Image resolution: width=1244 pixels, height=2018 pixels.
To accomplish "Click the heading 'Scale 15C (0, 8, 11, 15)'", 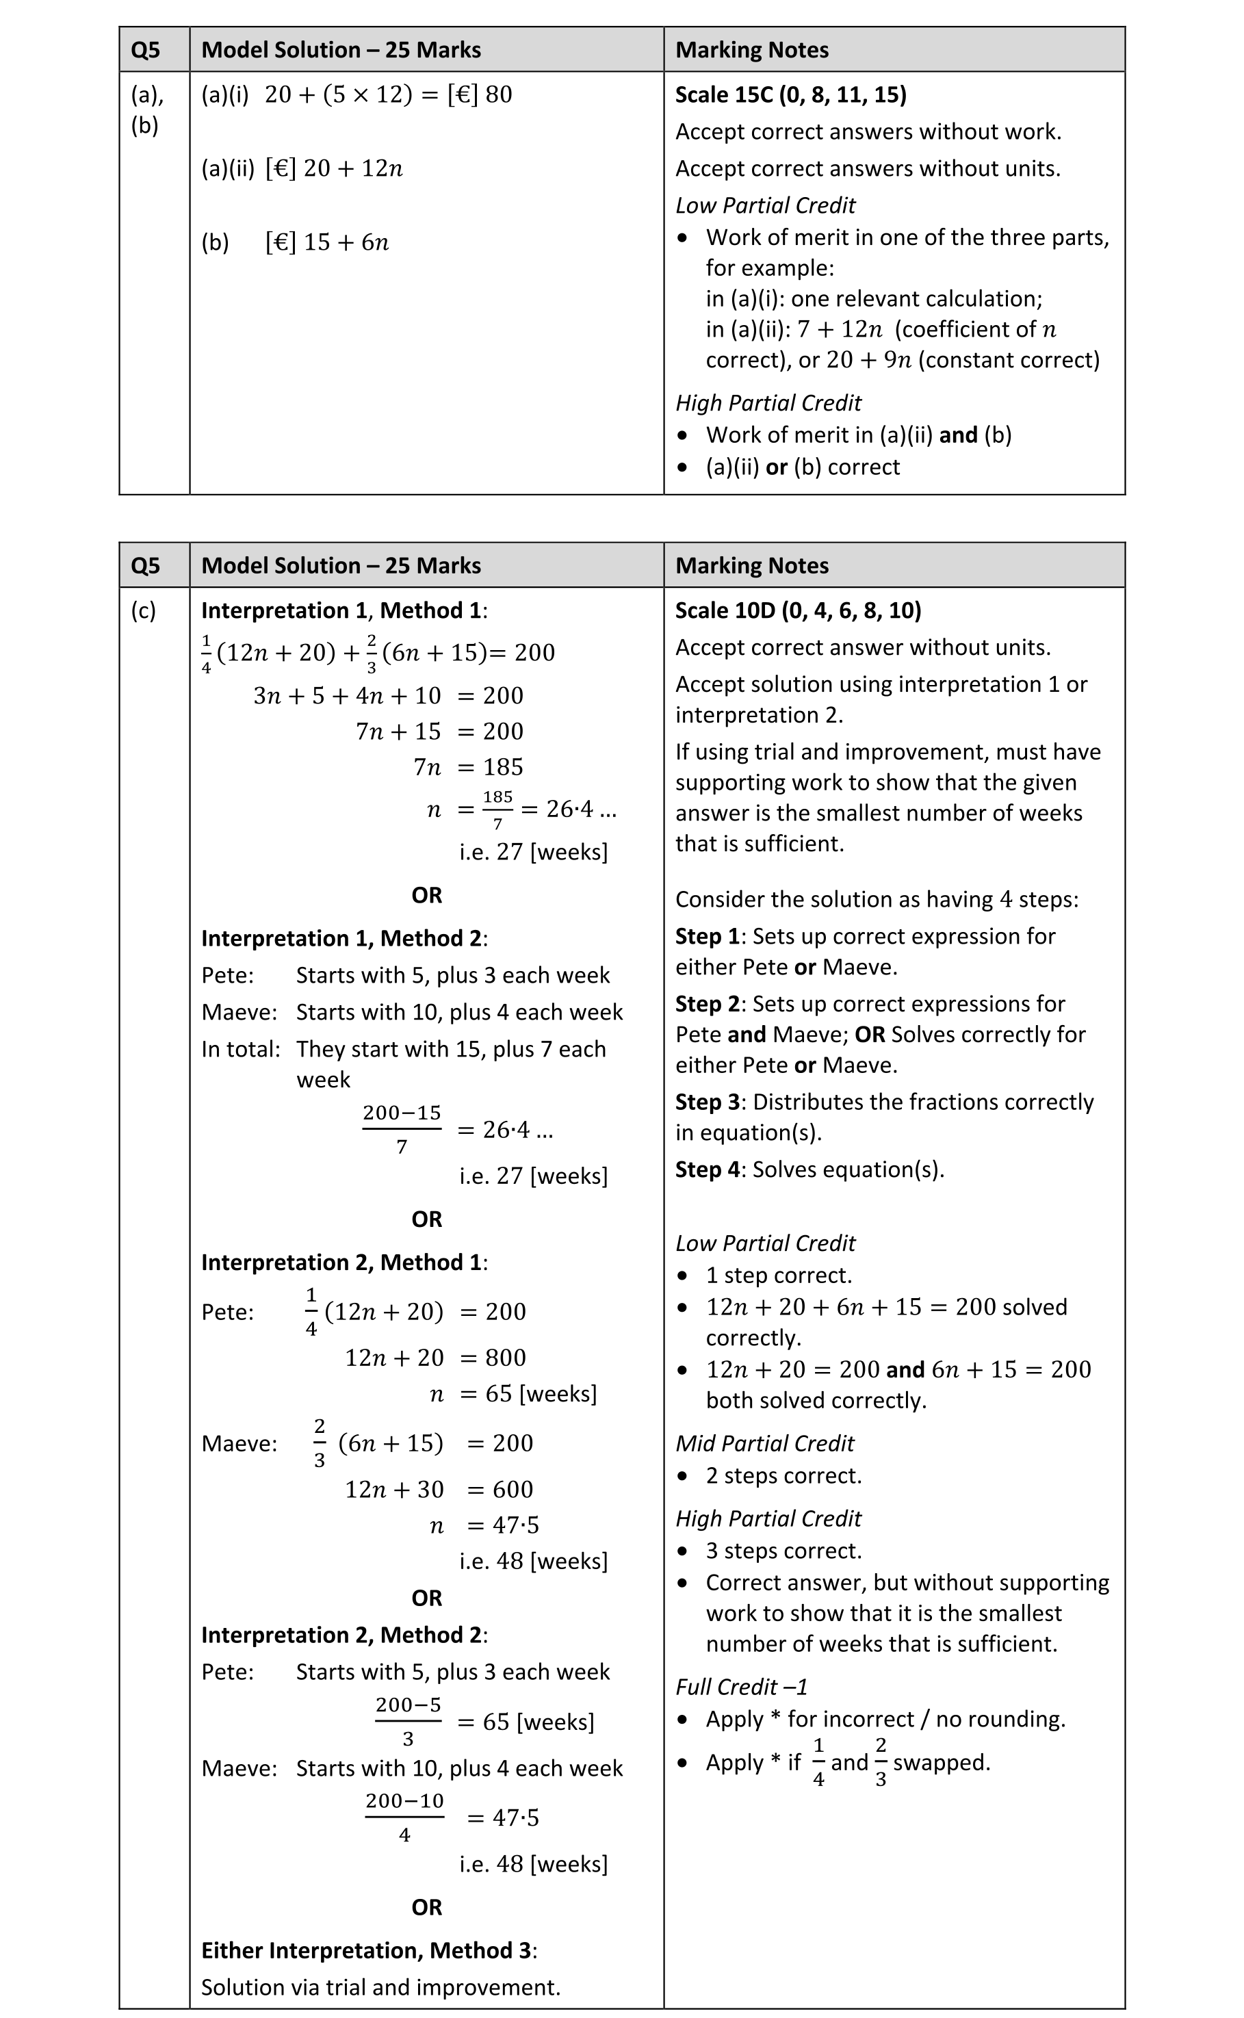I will pyautogui.click(x=790, y=94).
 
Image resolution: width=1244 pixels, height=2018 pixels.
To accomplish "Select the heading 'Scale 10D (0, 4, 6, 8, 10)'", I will pyautogui.click(x=797, y=610).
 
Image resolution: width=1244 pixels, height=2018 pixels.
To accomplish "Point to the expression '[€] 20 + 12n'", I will pyautogui.click(x=333, y=168).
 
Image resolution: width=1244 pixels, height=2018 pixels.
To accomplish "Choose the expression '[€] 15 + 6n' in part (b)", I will pyautogui.click(x=326, y=243).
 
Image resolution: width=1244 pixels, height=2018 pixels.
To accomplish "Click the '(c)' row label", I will pyautogui.click(x=143, y=610).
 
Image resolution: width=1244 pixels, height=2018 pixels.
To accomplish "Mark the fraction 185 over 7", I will pyautogui.click(x=497, y=810).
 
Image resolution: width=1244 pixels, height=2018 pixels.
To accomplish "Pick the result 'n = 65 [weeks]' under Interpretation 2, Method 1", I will pyautogui.click(x=513, y=1394).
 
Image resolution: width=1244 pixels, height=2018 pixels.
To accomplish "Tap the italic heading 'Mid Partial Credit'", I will pyautogui.click(x=764, y=1444).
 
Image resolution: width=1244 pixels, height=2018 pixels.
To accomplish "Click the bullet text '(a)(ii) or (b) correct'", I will pyautogui.click(x=802, y=467).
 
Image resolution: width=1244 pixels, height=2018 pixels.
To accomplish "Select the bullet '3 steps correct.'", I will pyautogui.click(x=783, y=1551).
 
